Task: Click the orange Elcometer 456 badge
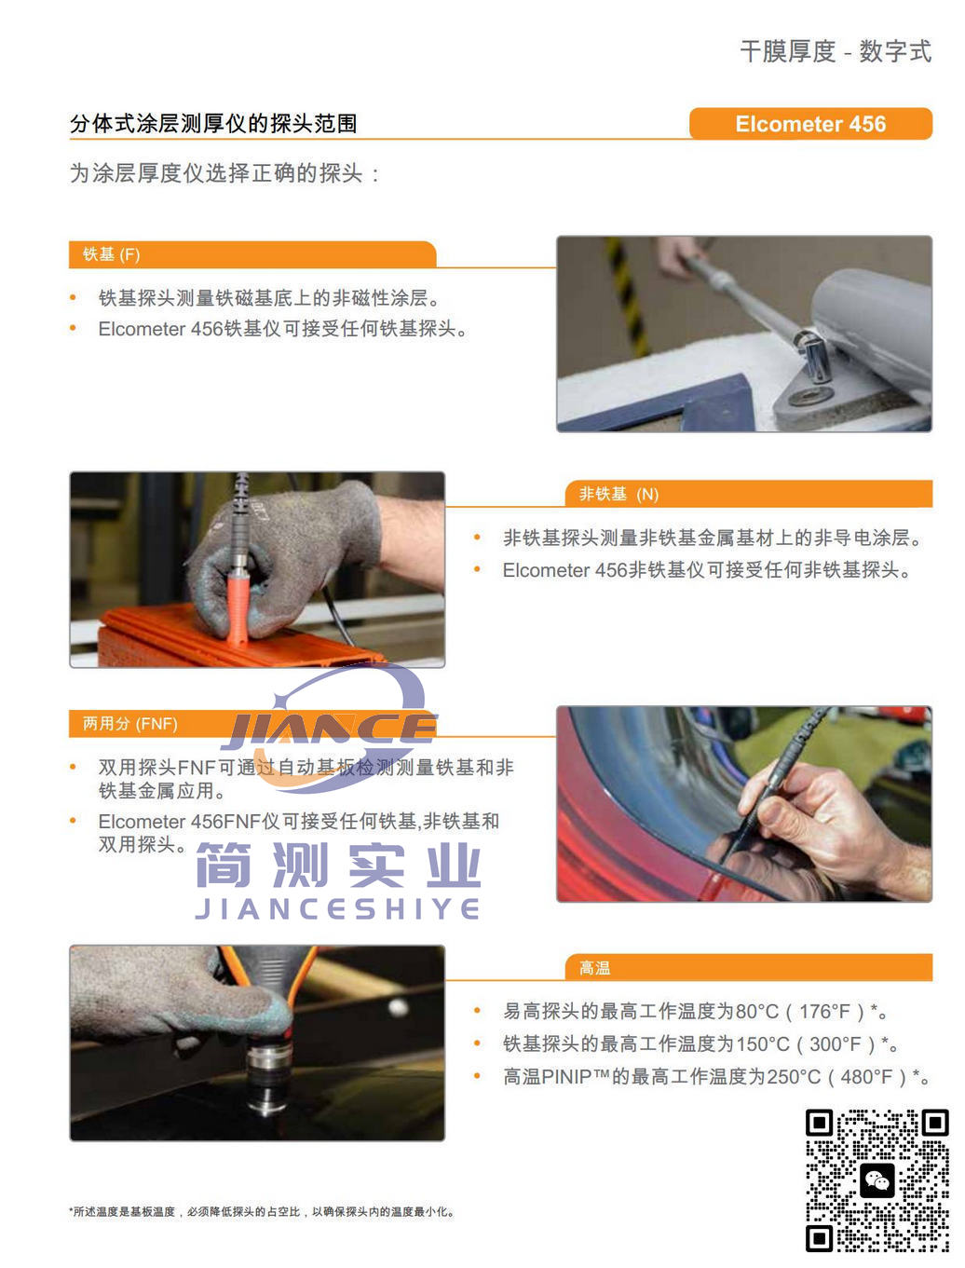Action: [810, 124]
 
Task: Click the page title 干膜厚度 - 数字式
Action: [836, 51]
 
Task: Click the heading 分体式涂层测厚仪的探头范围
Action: [213, 124]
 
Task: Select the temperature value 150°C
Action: [762, 1044]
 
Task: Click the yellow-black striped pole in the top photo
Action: [627, 294]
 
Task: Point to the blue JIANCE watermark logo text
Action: [328, 729]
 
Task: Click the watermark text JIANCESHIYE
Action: [337, 908]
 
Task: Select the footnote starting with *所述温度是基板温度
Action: [262, 1211]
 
